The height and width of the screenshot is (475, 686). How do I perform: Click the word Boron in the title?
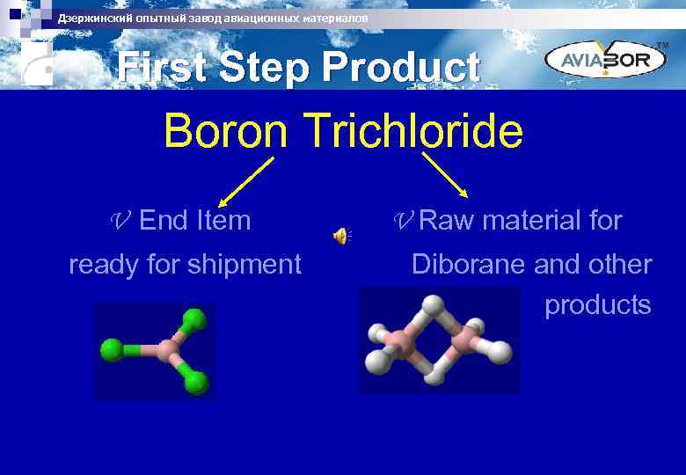pos(227,132)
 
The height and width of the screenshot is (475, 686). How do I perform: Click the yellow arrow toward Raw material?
pos(445,175)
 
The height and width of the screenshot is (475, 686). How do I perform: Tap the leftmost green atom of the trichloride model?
pos(112,350)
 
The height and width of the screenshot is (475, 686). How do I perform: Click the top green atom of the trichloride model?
pos(193,318)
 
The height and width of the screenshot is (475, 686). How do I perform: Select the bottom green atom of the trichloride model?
pos(196,382)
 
